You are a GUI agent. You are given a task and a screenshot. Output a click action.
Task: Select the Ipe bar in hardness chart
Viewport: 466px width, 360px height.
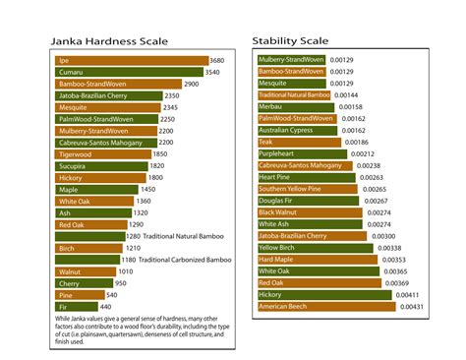pos(131,60)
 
